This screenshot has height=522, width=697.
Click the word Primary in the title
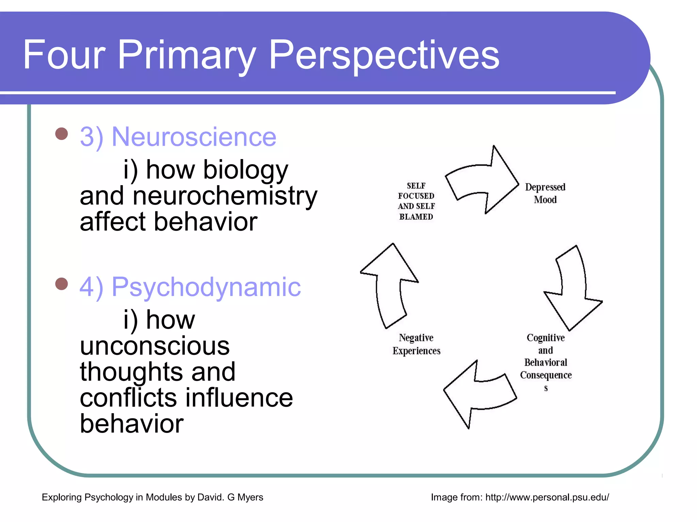[187, 55]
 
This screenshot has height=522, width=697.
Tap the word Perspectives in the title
[384, 55]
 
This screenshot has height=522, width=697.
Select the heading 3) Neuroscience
[178, 137]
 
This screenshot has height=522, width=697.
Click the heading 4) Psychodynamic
[190, 287]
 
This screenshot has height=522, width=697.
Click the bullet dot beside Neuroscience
[62, 134]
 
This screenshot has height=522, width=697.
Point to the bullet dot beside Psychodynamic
[62, 284]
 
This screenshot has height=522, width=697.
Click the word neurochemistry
[225, 196]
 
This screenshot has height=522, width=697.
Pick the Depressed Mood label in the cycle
[545, 193]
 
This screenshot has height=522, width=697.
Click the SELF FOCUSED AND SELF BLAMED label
[416, 201]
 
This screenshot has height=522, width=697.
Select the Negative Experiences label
[416, 344]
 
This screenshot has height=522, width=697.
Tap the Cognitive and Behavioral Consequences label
[546, 362]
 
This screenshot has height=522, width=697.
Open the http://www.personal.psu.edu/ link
[547, 497]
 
